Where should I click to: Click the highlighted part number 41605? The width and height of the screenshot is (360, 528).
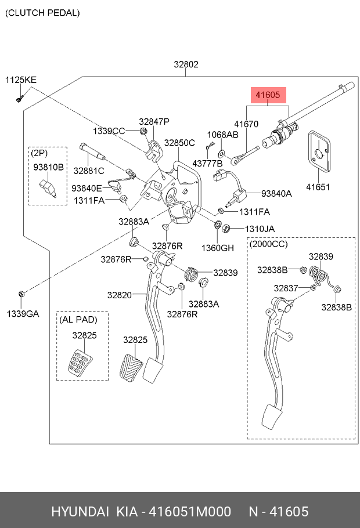pos(268,95)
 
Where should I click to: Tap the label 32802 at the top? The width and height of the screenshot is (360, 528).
pos(186,64)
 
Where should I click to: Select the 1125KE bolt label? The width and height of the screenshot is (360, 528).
pos(20,79)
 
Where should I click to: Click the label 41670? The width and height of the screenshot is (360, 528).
pos(246,124)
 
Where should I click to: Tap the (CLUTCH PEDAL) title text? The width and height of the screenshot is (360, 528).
pos(43,12)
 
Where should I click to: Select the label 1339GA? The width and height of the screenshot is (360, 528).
pos(23,314)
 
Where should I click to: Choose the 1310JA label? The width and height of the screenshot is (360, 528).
pos(259,229)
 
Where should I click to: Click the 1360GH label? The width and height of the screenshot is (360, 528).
pos(218,248)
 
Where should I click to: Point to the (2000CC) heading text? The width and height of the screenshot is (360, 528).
pos(268,244)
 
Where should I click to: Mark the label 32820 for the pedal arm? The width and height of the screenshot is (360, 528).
pos(119,295)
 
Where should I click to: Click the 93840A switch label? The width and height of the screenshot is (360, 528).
pos(276,194)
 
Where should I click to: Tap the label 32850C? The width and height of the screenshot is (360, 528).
pos(179,143)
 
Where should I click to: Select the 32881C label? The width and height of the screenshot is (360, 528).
pos(88,171)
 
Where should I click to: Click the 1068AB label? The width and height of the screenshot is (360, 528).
pos(223,135)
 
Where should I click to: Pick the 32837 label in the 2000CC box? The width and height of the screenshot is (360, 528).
pos(286,288)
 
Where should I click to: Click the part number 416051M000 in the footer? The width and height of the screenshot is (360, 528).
pos(190,511)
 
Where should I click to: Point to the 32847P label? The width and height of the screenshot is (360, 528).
pos(154,121)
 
